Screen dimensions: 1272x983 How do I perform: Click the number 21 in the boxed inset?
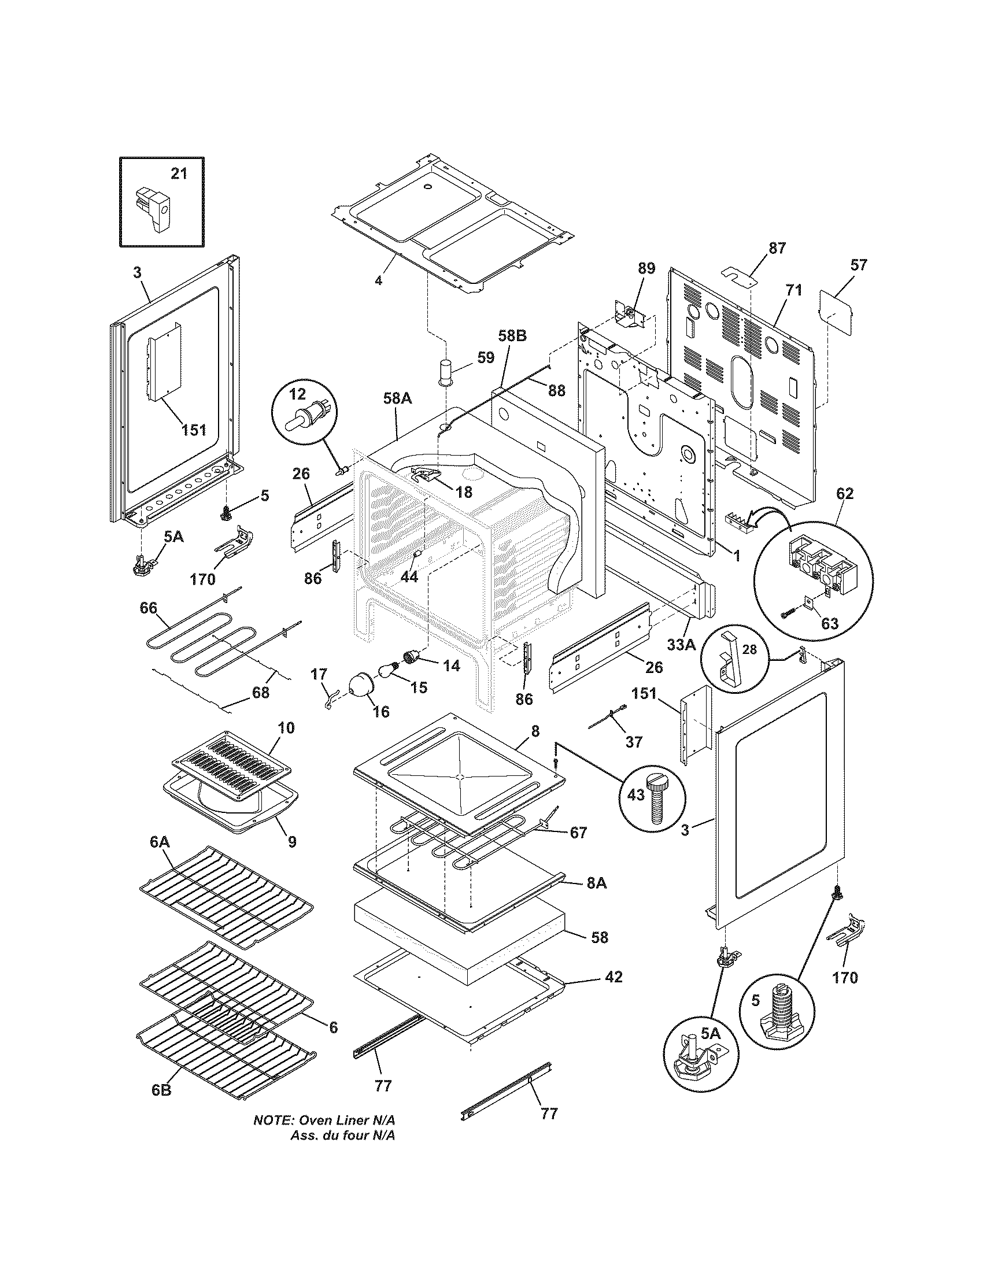pos(179,173)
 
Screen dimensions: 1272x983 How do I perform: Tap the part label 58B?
pos(512,336)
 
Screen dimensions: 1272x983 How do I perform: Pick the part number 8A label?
pos(596,900)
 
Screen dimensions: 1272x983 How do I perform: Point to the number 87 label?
pos(777,248)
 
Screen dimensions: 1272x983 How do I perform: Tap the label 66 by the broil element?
pos(148,608)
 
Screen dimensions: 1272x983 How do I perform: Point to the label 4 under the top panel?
pos(378,281)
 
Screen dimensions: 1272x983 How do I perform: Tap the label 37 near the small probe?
pos(634,741)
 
